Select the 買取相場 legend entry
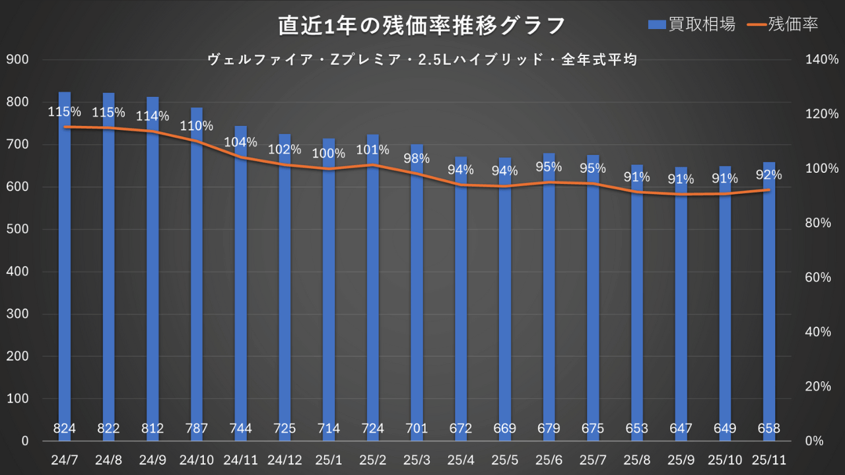691,24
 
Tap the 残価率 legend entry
784,24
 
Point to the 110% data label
197,125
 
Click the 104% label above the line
241,142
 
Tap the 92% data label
769,175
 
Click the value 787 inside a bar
197,429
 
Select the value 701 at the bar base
417,429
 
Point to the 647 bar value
681,429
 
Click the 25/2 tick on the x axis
373,458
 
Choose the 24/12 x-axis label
285,458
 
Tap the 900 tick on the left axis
18,60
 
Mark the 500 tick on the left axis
18,230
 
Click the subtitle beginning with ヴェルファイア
422,60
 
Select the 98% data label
417,158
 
